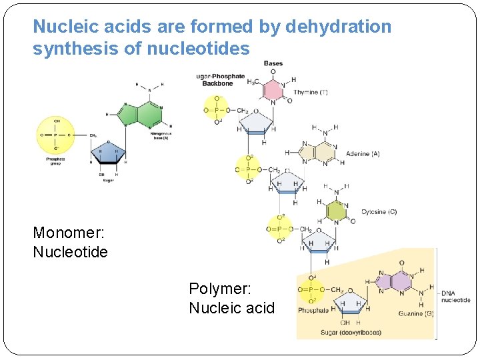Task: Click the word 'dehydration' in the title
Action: [338, 27]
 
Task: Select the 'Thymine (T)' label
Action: [311, 92]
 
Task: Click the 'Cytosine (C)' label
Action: [379, 212]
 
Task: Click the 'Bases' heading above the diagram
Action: [273, 64]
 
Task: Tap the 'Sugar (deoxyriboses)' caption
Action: [351, 332]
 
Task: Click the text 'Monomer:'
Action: [67, 233]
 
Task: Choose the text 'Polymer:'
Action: [220, 289]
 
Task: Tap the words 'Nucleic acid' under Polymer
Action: [231, 308]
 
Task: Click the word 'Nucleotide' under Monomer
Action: [70, 253]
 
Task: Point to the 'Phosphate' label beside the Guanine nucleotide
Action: [313, 310]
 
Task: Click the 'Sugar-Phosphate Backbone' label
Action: [220, 81]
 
